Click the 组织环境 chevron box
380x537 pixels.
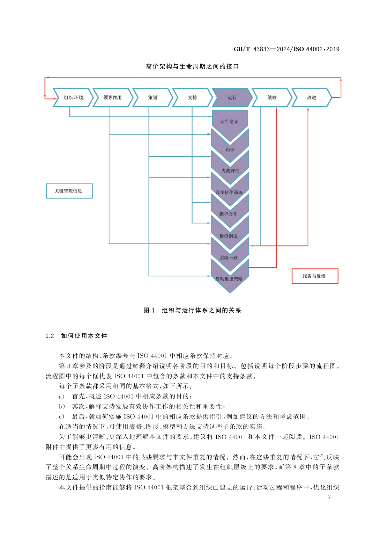[73, 98]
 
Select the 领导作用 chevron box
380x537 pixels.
[113, 98]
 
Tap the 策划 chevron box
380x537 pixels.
[153, 98]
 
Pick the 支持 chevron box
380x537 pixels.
[192, 98]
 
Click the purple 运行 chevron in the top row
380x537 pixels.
[232, 98]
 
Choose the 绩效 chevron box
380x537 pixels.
[272, 98]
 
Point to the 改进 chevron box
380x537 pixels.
[311, 98]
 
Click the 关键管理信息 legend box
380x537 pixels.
[69, 191]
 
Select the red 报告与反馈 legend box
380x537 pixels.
[315, 276]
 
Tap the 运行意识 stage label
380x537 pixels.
[229, 121]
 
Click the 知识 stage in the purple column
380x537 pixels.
[230, 150]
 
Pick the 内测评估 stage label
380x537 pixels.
[230, 171]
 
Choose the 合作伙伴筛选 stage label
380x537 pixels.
[229, 192]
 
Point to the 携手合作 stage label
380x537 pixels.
[228, 214]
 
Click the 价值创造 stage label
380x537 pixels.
[228, 236]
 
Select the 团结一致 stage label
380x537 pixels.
[228, 258]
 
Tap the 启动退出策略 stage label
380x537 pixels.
[229, 279]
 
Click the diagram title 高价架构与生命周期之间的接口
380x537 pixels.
[192, 67]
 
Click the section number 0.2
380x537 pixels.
[49, 336]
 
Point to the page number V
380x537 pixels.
[329, 497]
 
